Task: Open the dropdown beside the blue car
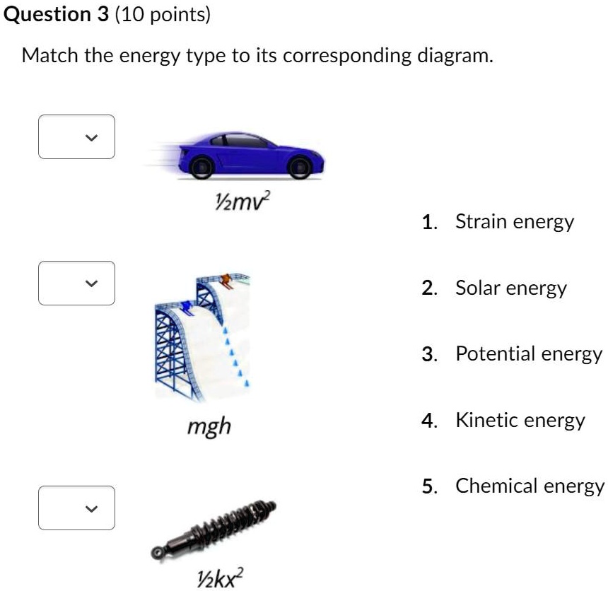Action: point(76,137)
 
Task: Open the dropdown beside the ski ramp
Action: point(76,283)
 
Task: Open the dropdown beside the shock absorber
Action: point(76,508)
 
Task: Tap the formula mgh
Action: point(209,426)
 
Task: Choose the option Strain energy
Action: point(514,222)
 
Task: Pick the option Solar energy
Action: point(510,288)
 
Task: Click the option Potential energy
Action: point(528,353)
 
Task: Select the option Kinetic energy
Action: point(520,421)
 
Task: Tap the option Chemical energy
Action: point(530,486)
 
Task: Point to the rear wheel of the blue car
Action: point(202,167)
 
